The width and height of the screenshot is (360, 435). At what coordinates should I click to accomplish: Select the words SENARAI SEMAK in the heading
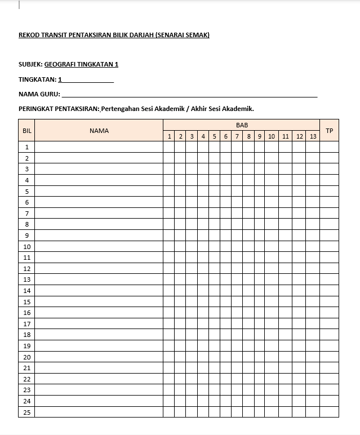pyautogui.click(x=186, y=35)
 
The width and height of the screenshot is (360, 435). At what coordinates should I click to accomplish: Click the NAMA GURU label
pyautogui.click(x=39, y=94)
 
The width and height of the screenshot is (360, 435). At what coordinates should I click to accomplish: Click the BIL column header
pyautogui.click(x=26, y=131)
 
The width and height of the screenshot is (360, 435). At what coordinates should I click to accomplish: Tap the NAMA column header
pyautogui.click(x=99, y=131)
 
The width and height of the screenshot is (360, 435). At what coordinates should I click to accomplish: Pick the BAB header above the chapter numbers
pyautogui.click(x=242, y=125)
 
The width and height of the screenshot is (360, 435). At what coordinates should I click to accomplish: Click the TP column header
pyautogui.click(x=329, y=131)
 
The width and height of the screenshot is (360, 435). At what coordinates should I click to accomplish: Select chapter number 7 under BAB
pyautogui.click(x=237, y=136)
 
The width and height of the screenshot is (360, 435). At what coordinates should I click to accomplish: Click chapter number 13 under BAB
pyautogui.click(x=313, y=136)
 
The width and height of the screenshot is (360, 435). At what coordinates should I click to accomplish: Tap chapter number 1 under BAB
pyautogui.click(x=169, y=136)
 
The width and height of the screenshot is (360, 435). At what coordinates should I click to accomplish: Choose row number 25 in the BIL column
pyautogui.click(x=26, y=412)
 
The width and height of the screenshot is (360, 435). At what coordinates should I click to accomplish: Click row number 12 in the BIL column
pyautogui.click(x=26, y=269)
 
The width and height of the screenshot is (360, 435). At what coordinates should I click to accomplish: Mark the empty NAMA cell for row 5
pyautogui.click(x=99, y=191)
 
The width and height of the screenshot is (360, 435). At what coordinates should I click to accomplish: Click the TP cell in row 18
pyautogui.click(x=329, y=335)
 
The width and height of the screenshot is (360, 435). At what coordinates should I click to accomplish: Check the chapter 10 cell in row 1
pyautogui.click(x=272, y=147)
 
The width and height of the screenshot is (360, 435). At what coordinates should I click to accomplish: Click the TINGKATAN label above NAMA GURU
pyautogui.click(x=37, y=79)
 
